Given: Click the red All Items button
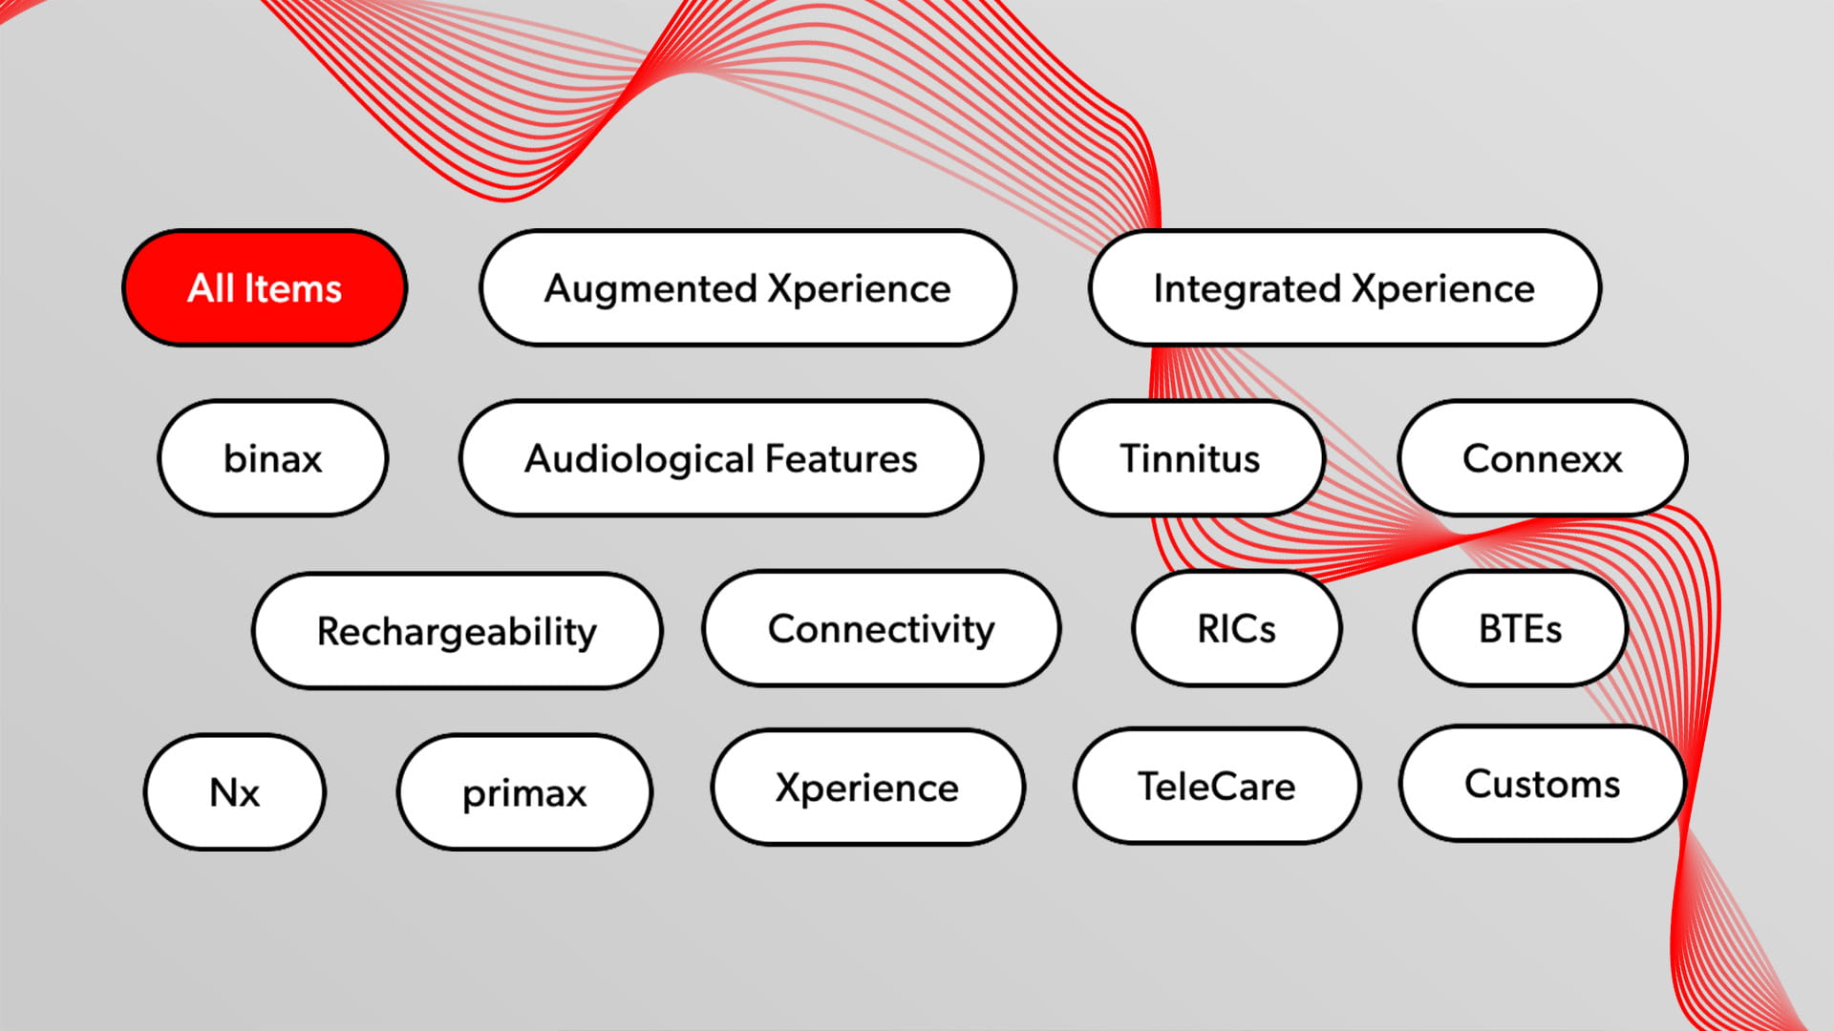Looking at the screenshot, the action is [265, 287].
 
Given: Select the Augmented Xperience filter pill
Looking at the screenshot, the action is [748, 287].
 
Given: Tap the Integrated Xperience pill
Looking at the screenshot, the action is [1345, 287].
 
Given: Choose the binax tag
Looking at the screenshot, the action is [273, 458].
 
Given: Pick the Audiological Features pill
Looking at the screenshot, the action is [721, 458].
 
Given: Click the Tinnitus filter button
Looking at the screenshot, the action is [1190, 458].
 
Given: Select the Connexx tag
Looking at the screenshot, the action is [1543, 458].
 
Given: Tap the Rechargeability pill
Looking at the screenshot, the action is [458, 630].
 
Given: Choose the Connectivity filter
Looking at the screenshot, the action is [882, 628].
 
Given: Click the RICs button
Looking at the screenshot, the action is [1237, 628].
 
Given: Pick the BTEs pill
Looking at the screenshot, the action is [1521, 628].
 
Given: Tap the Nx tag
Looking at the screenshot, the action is [235, 792].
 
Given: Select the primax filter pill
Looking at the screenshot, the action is [525, 792].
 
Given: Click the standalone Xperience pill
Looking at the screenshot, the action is [867, 788].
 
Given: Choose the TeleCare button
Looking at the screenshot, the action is [1217, 786].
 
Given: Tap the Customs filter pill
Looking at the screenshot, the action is [1543, 784].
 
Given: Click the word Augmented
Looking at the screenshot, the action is [650, 289].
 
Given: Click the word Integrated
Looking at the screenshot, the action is [1248, 289].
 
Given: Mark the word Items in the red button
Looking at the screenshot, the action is [293, 288].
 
